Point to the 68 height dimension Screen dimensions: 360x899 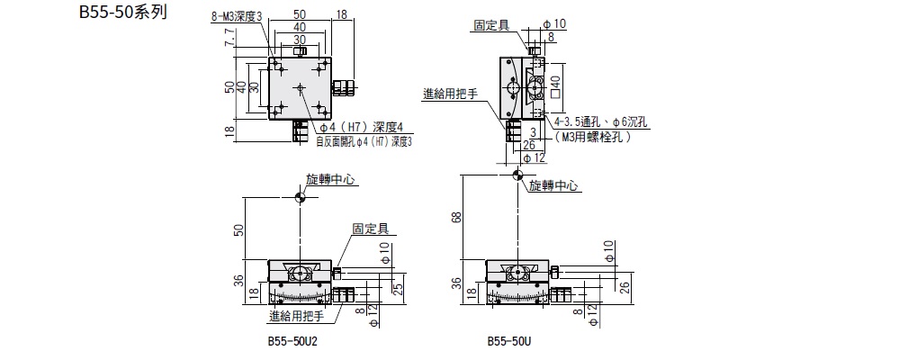pos(457,216)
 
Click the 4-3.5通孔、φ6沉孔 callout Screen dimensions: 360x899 pos(597,121)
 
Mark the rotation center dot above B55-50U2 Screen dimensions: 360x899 pos(300,197)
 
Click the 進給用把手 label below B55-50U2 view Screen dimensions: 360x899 pos(296,317)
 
